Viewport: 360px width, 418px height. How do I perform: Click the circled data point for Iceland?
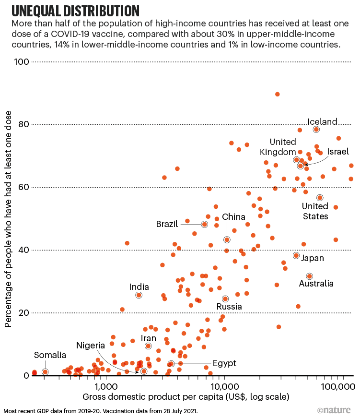click(316, 130)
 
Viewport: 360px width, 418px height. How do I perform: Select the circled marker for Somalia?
click(45, 372)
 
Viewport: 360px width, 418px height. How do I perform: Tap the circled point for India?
click(139, 295)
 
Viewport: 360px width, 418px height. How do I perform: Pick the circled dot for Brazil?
click(205, 224)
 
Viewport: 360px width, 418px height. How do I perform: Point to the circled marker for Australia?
click(310, 276)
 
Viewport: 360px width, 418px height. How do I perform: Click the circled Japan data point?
click(296, 256)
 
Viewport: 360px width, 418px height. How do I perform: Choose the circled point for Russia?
click(225, 299)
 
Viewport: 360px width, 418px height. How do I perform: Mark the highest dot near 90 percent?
click(277, 95)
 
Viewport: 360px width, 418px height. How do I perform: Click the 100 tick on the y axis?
click(23, 62)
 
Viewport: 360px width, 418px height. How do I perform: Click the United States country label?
click(315, 211)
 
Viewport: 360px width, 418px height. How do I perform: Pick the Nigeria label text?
click(91, 346)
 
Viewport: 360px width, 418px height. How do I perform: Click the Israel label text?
click(338, 151)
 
